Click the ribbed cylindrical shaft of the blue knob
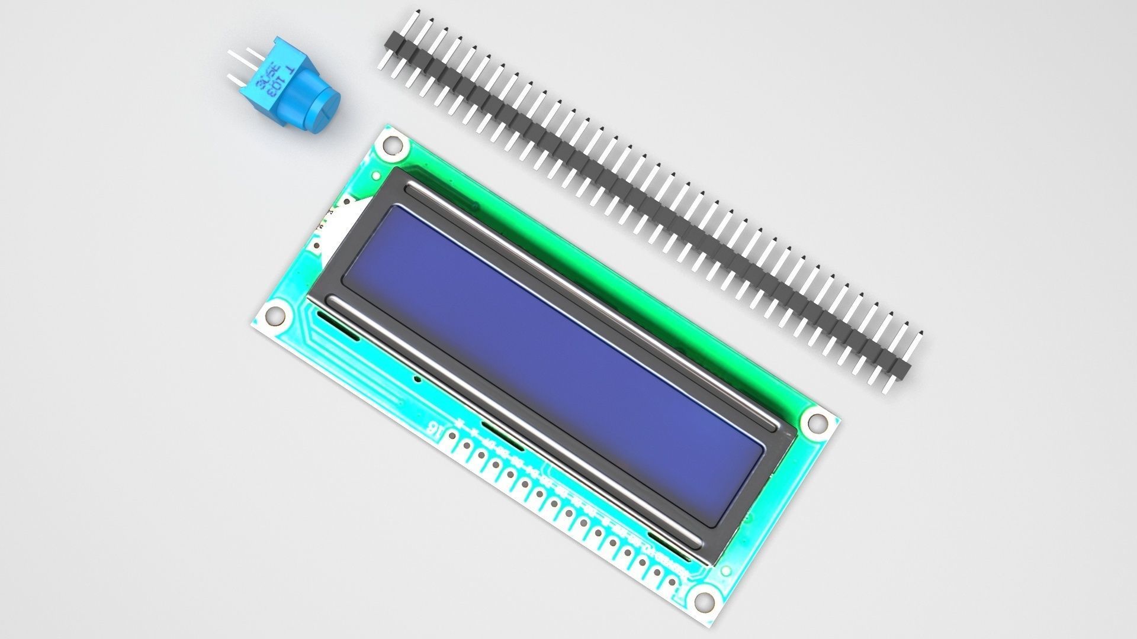(302, 95)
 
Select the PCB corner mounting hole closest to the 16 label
(274, 315)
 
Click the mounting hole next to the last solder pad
(703, 601)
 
